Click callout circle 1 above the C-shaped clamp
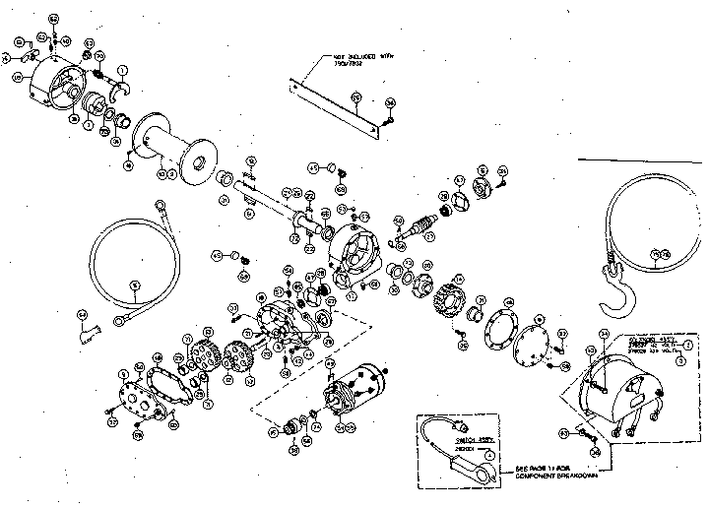click(x=122, y=71)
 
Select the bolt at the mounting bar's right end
click(x=390, y=118)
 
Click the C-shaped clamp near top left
click(x=118, y=95)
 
